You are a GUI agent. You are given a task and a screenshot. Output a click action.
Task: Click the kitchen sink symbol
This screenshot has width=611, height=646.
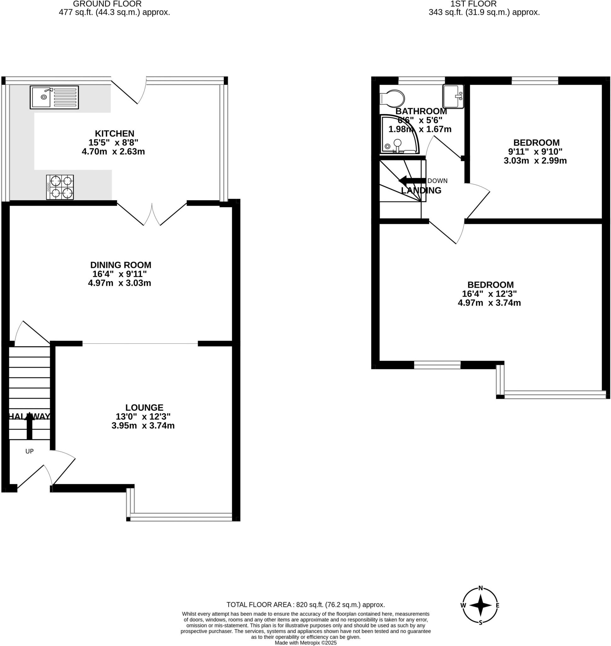[x=54, y=97]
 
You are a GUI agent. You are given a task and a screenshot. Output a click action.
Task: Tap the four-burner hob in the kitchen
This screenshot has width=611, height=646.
[x=60, y=187]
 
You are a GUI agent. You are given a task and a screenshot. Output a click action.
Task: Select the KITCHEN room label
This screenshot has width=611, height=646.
[x=114, y=133]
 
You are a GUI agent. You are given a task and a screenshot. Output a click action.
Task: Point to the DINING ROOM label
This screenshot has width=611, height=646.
[x=120, y=265]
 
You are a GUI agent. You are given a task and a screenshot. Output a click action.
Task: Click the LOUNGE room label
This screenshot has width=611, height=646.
[x=144, y=407]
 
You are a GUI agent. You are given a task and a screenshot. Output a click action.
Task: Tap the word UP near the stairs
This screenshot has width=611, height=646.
[x=29, y=451]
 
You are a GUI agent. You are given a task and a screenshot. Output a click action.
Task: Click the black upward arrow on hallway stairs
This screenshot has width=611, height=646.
[x=29, y=425]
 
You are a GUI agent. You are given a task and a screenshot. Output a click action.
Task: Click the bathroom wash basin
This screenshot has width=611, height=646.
[x=453, y=97]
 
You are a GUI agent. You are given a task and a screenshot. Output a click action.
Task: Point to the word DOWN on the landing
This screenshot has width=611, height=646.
[x=437, y=181]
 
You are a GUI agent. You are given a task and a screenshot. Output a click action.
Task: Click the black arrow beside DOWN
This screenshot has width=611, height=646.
[x=412, y=180]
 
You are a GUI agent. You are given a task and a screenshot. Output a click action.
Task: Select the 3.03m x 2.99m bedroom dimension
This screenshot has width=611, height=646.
[x=535, y=161]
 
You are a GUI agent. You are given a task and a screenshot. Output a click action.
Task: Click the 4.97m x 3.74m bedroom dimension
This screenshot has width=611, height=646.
[x=489, y=302]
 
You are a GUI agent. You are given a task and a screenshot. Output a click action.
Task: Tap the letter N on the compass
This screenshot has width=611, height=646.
[x=480, y=588]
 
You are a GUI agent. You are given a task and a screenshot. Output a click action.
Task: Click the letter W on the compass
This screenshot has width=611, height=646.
[x=463, y=605]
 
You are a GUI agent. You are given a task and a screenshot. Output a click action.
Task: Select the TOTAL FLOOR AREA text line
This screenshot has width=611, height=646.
[x=305, y=605]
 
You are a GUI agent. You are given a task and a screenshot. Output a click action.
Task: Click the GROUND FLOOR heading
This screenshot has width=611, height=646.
[x=107, y=4]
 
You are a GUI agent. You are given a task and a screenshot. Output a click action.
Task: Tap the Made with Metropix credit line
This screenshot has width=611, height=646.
[x=305, y=643]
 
